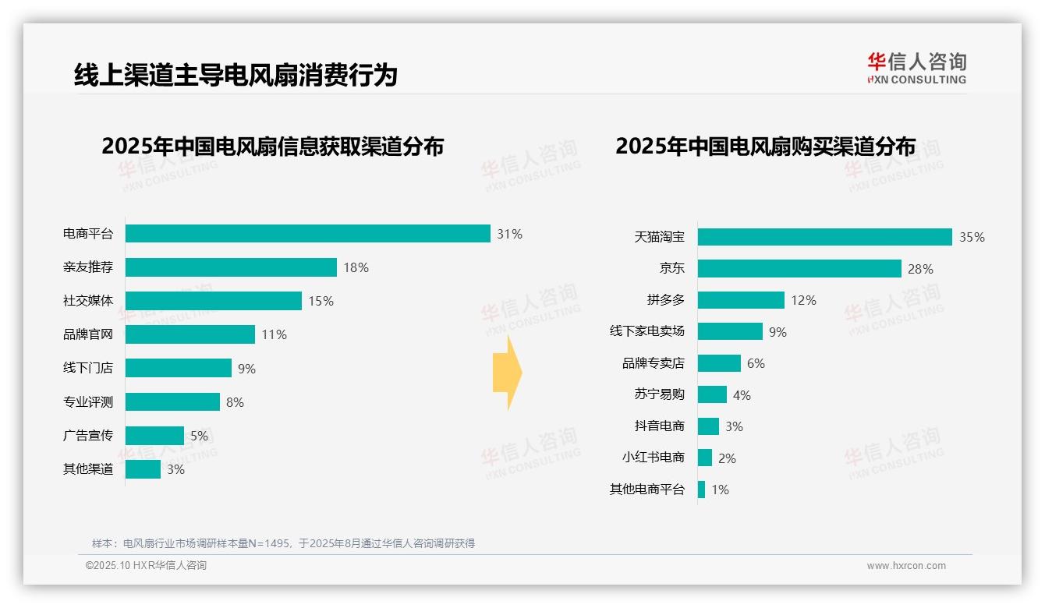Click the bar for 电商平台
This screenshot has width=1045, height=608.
coord(307,234)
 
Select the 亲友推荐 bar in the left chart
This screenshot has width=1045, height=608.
coord(231,267)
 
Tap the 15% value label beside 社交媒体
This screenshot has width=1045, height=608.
coord(321,301)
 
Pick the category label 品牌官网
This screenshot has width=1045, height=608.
coord(88,334)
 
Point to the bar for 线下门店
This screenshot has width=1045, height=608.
coord(179,368)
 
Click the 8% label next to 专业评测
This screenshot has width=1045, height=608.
coord(235,402)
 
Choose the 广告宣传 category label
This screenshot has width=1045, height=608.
coord(88,436)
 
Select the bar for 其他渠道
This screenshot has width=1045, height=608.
coord(143,469)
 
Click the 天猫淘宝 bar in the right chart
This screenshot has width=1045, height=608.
coord(824,237)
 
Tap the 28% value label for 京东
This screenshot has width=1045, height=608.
coord(920,269)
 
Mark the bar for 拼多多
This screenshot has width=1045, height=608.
coord(741,300)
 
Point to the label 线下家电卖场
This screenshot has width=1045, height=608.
coord(647,331)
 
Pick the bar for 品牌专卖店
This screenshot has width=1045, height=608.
coord(719,363)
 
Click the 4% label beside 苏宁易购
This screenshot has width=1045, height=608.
coord(742,395)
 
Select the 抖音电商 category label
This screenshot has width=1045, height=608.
coord(660,426)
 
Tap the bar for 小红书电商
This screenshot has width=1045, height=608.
coord(705,458)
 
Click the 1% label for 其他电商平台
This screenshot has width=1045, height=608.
coord(720,490)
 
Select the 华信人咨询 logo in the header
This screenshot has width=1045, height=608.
coord(916,68)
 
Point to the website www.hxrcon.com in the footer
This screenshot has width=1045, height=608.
coord(906,566)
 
